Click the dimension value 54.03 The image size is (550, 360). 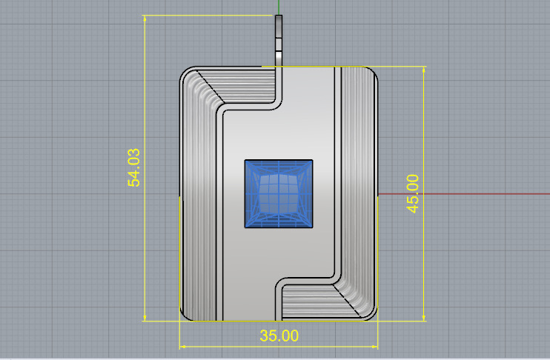coord(134,168)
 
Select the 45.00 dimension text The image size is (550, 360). coord(412,193)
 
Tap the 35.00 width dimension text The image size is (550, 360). coord(279,336)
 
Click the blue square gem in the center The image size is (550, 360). coord(279,193)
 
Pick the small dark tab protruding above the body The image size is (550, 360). coord(279,41)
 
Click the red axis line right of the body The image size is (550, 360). coord(460,195)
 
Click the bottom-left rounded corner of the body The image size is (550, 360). coord(186,316)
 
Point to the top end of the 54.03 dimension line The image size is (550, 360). coord(145,16)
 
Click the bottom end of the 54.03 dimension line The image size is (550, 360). coord(145,321)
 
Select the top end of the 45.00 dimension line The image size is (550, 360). coord(423,67)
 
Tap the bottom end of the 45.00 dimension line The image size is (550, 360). coord(423,321)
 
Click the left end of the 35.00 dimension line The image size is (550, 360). coord(181,345)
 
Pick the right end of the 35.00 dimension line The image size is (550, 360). coord(378,345)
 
